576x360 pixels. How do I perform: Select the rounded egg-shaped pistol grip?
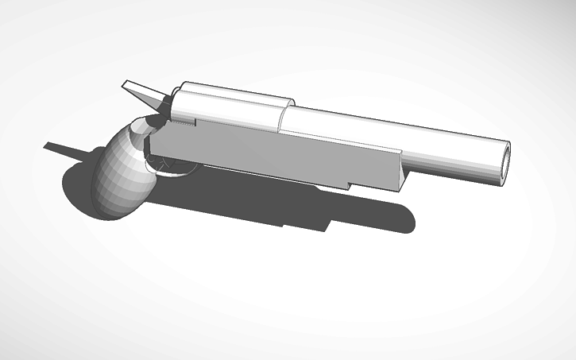pos(120,168)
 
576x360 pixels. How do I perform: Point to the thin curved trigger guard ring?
pos(176,169)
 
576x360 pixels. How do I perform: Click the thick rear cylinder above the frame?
pos(230,107)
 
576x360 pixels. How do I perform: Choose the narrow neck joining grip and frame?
pos(151,143)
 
